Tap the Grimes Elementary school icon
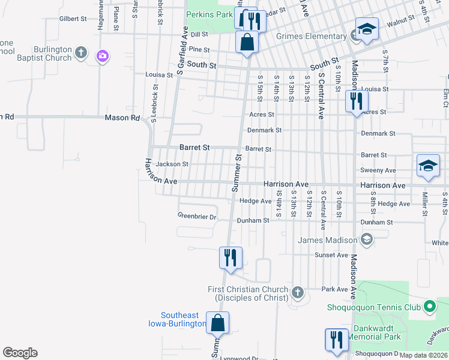point(366,29)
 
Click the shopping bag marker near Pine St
point(247,43)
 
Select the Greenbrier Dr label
point(196,216)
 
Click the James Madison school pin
point(367,240)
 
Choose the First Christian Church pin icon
point(297,293)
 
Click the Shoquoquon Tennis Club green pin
point(429,307)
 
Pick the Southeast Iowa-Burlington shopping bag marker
point(217,323)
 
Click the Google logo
point(20,353)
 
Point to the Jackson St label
point(172,164)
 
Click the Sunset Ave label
point(332,255)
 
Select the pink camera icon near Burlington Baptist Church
point(102,56)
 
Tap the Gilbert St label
point(73,19)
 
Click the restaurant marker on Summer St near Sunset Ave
point(231,258)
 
